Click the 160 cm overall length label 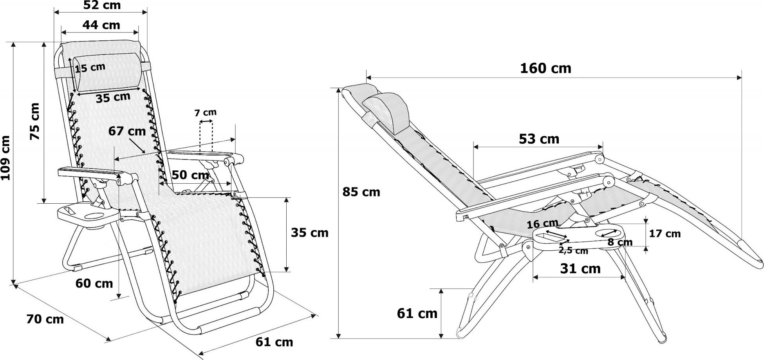pyautogui.click(x=545, y=69)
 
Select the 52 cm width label pyautogui.click(x=102, y=5)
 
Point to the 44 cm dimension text pyautogui.click(x=101, y=25)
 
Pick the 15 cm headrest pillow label pyautogui.click(x=90, y=67)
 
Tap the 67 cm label pyautogui.click(x=127, y=131)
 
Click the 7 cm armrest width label pyautogui.click(x=206, y=113)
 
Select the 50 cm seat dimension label pyautogui.click(x=190, y=175)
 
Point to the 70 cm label pyautogui.click(x=45, y=319)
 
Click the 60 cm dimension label pyautogui.click(x=95, y=283)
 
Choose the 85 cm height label pyautogui.click(x=361, y=192)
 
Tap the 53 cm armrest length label pyautogui.click(x=539, y=139)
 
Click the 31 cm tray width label pyautogui.click(x=580, y=268)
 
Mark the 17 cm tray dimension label pyautogui.click(x=665, y=234)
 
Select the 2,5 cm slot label pyautogui.click(x=573, y=250)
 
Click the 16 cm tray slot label pyautogui.click(x=542, y=224)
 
